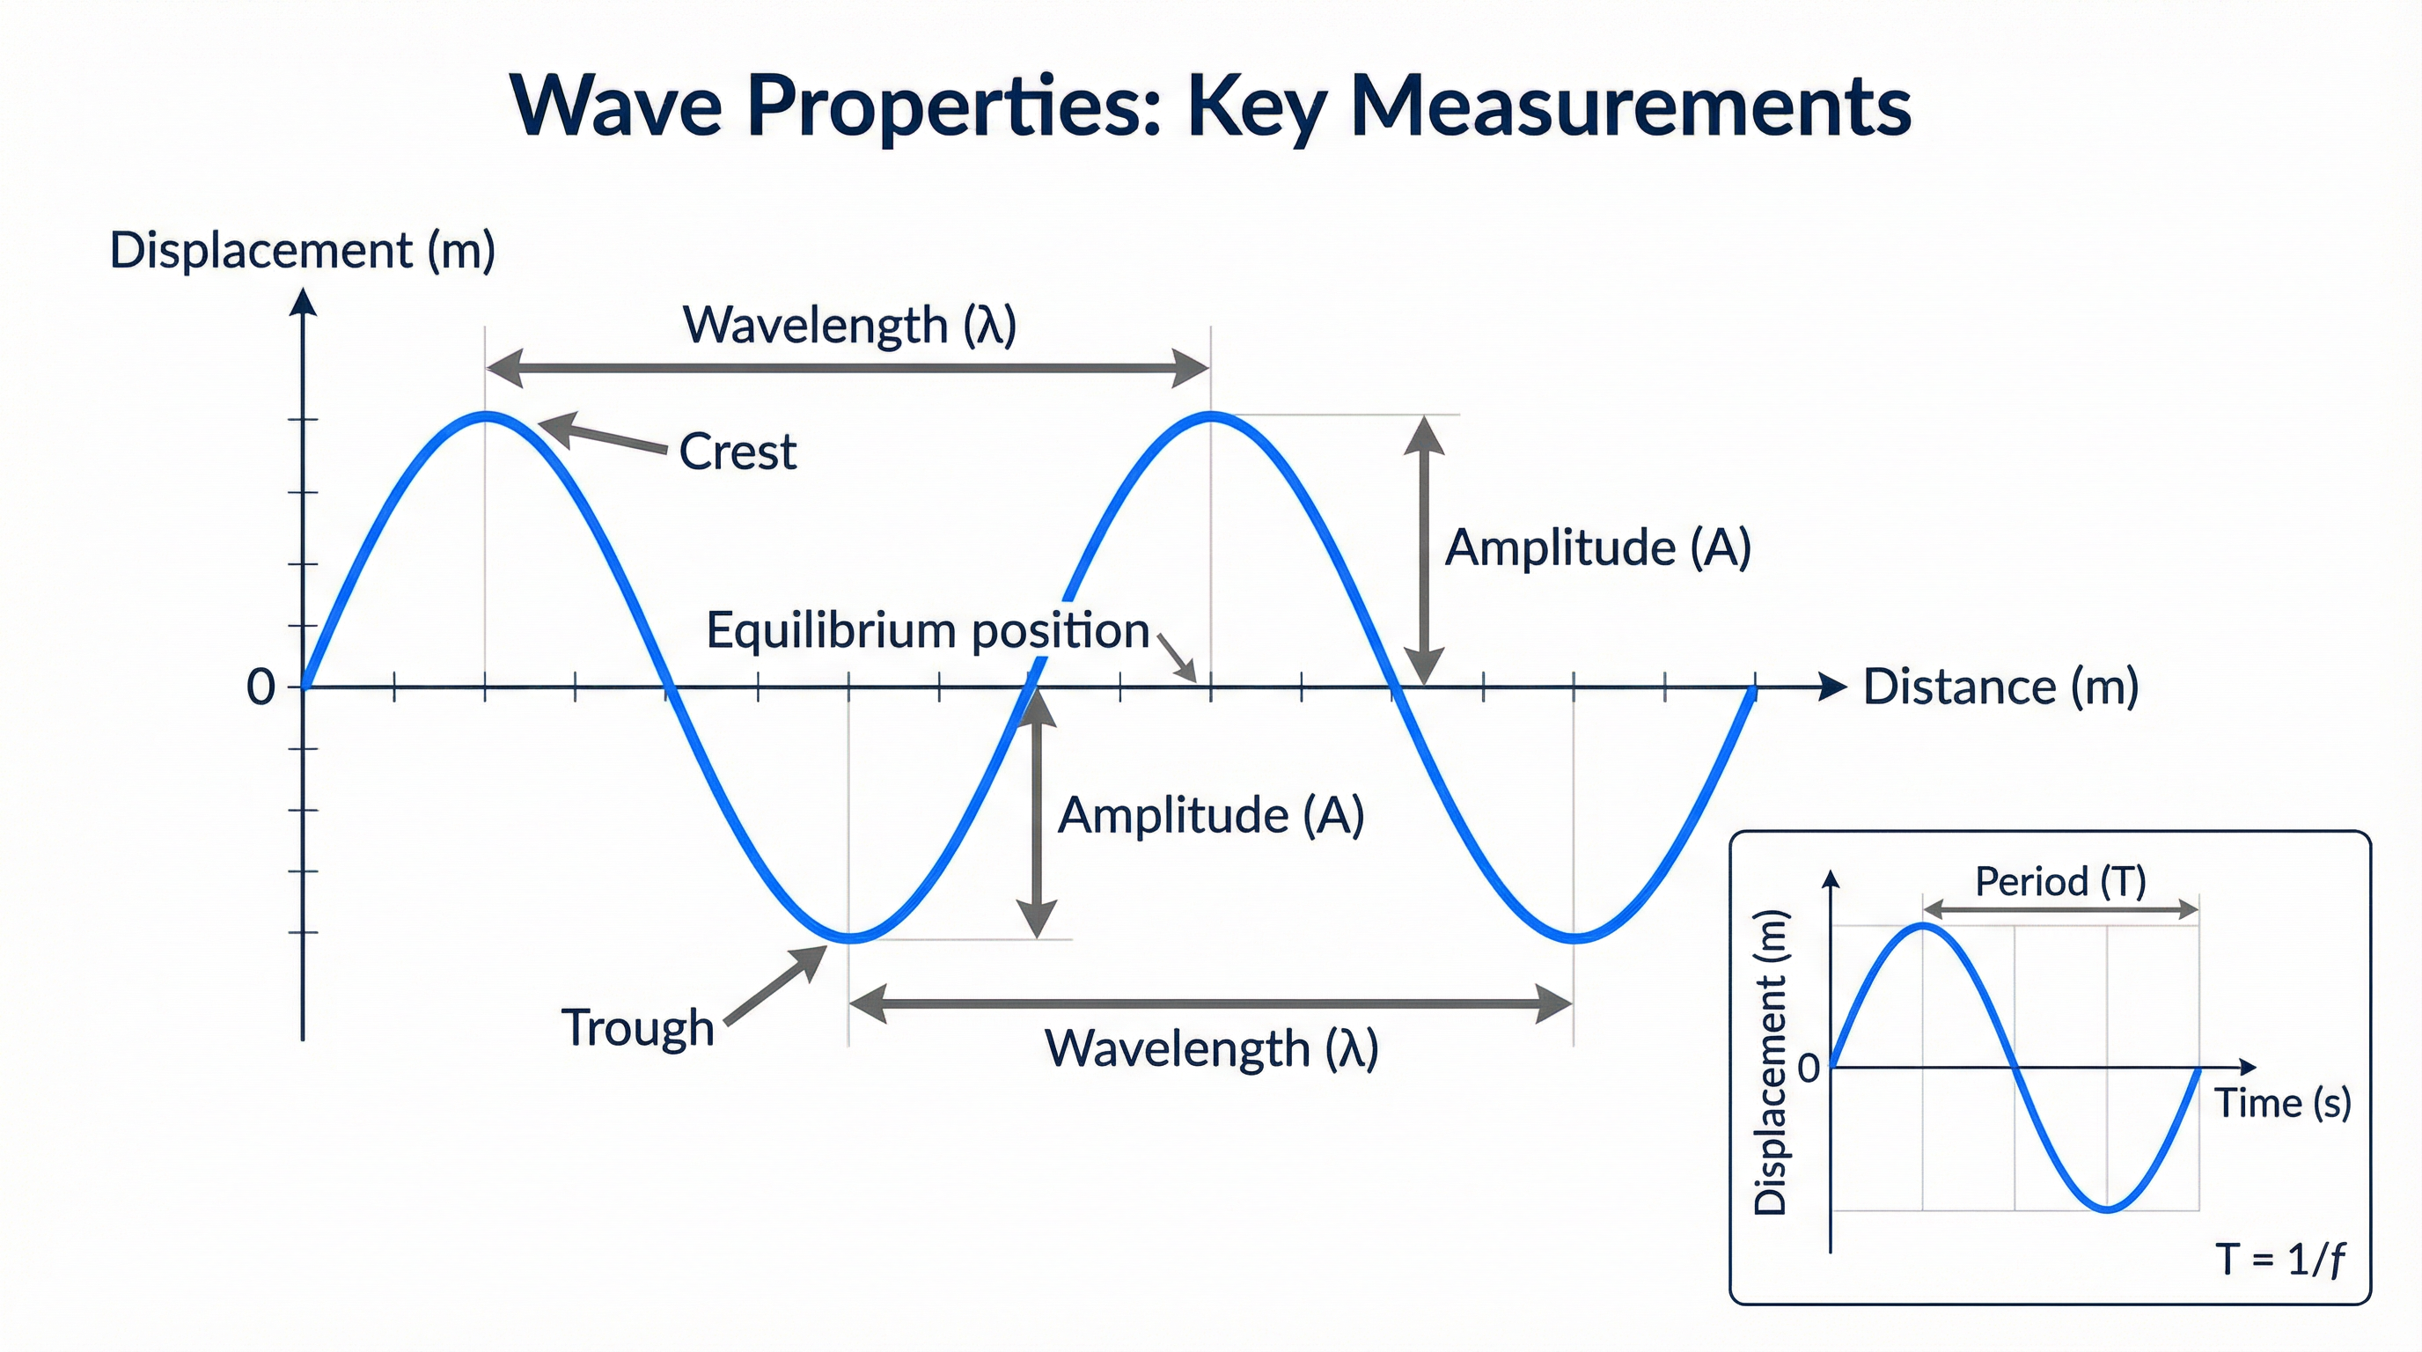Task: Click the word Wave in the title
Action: pyautogui.click(x=616, y=106)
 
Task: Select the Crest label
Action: pyautogui.click(x=738, y=452)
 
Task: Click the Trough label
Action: pyautogui.click(x=637, y=1026)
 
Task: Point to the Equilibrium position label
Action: pyautogui.click(x=927, y=630)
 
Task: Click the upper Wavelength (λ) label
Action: pyautogui.click(x=849, y=326)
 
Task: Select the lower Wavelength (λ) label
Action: pyautogui.click(x=1211, y=1048)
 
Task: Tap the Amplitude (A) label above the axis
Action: pyautogui.click(x=1597, y=547)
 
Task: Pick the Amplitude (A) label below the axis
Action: pyautogui.click(x=1211, y=814)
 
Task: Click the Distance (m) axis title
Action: pyautogui.click(x=2000, y=687)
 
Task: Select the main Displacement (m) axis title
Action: pyautogui.click(x=302, y=251)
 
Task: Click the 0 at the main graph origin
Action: pyautogui.click(x=261, y=687)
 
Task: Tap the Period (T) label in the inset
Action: pyautogui.click(x=2060, y=882)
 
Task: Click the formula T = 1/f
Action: pyautogui.click(x=2279, y=1259)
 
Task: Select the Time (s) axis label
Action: pyautogui.click(x=2283, y=1103)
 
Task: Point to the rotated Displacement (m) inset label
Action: pyautogui.click(x=1771, y=1062)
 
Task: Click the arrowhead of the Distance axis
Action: pyautogui.click(x=1832, y=687)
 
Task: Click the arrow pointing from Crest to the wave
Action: pyautogui.click(x=602, y=437)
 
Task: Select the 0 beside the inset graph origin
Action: pyautogui.click(x=1808, y=1069)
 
